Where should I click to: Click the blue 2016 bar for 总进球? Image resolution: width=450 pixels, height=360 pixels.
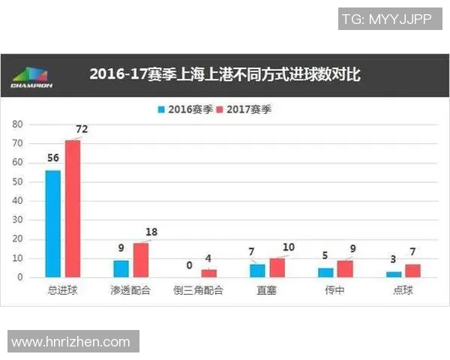(53, 223)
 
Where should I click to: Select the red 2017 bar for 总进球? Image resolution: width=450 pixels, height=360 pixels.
(72, 208)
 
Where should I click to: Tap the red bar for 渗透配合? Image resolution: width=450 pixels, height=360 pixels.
(140, 259)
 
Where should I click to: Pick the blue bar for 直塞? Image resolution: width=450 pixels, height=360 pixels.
(257, 270)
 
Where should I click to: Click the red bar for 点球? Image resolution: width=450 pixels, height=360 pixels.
(413, 270)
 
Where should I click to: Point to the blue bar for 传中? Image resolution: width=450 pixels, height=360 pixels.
(325, 272)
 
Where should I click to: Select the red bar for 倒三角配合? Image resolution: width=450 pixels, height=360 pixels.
(208, 273)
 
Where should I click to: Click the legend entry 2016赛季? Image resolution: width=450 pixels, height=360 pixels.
(183, 109)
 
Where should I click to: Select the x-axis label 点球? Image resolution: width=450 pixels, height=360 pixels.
(403, 290)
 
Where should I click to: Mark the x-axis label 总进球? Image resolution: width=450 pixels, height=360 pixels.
(63, 290)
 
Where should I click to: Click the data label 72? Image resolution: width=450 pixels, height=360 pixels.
(82, 129)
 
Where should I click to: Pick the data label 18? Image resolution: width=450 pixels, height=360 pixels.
(151, 232)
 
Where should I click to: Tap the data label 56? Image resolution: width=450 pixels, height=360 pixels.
(52, 160)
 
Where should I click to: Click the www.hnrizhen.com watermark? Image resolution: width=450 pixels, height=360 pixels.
(71, 342)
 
